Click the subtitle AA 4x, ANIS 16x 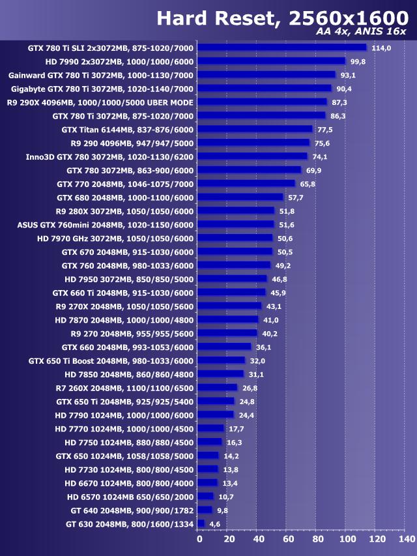tap(360, 33)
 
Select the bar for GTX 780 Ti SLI tap(281, 47)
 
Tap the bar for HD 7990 tap(271, 61)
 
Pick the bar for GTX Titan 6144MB tap(255, 129)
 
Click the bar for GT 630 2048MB tap(201, 523)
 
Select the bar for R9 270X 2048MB tap(229, 306)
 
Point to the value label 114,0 tap(381, 48)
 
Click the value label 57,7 tap(296, 198)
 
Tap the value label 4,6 tap(214, 524)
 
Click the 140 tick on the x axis tap(406, 539)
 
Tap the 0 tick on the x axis tap(199, 539)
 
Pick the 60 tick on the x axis tap(287, 539)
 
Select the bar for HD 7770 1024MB tap(210, 428)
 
